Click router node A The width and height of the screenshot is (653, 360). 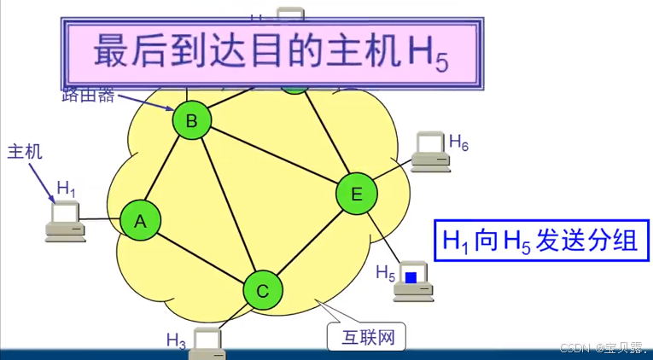140,222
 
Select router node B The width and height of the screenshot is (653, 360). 192,121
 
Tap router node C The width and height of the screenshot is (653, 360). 263,291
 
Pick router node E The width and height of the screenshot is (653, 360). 356,194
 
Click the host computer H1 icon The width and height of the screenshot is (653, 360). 65,221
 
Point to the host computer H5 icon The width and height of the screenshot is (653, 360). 413,282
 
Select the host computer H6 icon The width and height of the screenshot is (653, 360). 429,151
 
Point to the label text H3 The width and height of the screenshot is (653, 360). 177,340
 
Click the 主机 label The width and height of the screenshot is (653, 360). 25,153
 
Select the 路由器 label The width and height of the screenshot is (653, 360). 87,95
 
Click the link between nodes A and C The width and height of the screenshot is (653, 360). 201,257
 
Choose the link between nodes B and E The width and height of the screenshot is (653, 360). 273,157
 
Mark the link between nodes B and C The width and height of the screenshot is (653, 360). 227,205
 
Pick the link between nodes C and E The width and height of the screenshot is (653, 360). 310,241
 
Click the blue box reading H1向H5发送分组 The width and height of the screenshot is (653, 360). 539,241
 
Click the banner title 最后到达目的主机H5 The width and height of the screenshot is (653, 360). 270,50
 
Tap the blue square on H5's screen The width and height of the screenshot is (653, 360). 411,277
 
